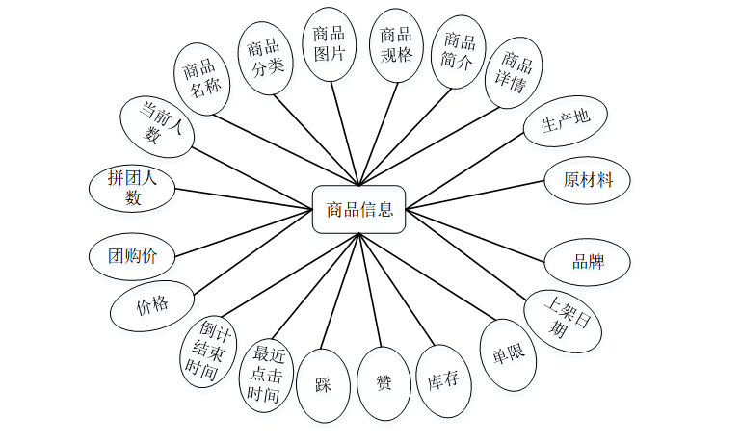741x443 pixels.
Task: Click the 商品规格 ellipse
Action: coord(396,45)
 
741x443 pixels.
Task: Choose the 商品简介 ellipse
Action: coord(459,51)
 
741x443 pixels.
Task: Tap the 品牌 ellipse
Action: coord(588,262)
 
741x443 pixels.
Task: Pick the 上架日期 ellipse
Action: coord(563,319)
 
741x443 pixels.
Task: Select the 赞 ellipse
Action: coord(384,382)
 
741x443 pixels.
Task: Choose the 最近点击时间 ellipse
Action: coord(265,375)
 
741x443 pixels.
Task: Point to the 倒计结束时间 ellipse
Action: coord(209,350)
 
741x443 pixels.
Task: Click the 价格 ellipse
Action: coord(151,306)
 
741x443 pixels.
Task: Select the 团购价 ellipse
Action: coord(132,257)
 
